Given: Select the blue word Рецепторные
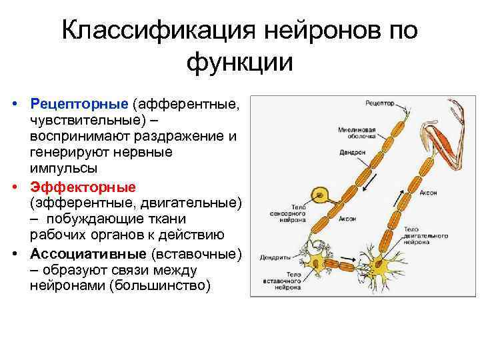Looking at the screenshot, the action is (79, 104).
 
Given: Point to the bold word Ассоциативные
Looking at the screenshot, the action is (88, 254).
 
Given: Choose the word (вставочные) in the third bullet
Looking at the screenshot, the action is (196, 254).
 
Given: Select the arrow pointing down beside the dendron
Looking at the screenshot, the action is (366, 180).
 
